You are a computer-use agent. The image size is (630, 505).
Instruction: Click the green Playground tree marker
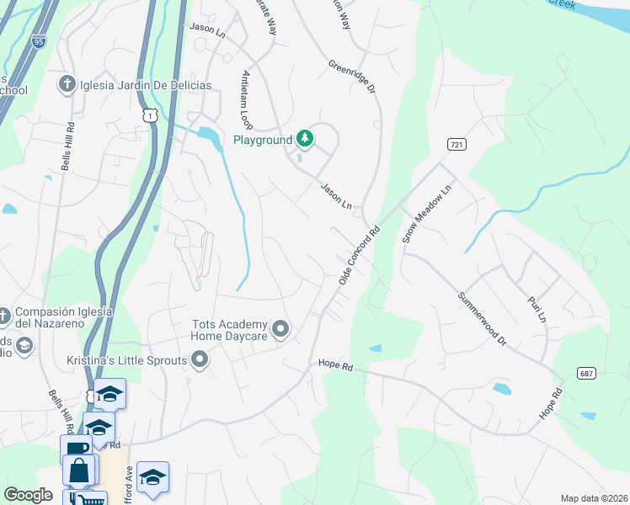click(305, 139)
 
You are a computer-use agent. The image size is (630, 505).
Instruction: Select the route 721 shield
click(456, 145)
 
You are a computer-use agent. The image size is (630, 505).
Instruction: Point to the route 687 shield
click(587, 372)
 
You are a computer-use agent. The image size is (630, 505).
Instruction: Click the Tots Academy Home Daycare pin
click(281, 329)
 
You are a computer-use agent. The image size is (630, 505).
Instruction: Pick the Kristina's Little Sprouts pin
click(200, 360)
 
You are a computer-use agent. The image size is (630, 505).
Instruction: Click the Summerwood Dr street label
click(483, 319)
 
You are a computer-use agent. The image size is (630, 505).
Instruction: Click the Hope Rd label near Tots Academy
click(334, 364)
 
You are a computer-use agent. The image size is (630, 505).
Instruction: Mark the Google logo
click(29, 494)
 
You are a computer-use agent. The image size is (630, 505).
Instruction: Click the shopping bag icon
click(79, 470)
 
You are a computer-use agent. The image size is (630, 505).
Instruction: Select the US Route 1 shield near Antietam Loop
click(149, 114)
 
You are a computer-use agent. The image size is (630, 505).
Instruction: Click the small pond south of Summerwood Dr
click(502, 389)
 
